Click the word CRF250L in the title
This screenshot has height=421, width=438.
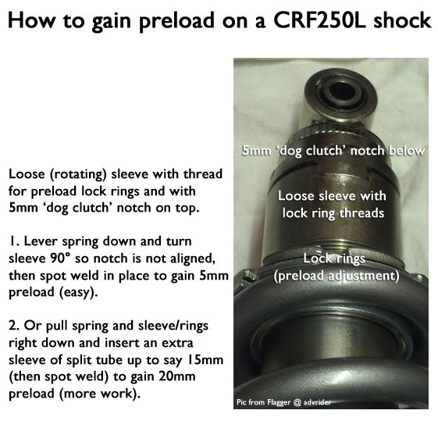(x=319, y=20)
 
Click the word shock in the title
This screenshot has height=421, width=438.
(x=402, y=20)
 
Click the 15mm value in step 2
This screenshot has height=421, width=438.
(x=202, y=360)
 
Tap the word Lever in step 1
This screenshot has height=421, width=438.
(x=41, y=241)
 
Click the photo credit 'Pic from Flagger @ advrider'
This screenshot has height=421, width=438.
(x=284, y=402)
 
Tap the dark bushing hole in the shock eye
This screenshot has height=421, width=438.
(x=341, y=89)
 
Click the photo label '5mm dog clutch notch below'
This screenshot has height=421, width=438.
(x=333, y=151)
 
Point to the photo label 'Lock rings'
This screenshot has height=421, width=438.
(x=334, y=259)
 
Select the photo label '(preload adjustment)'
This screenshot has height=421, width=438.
(x=336, y=277)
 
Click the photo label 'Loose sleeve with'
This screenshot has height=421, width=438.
(x=332, y=196)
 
